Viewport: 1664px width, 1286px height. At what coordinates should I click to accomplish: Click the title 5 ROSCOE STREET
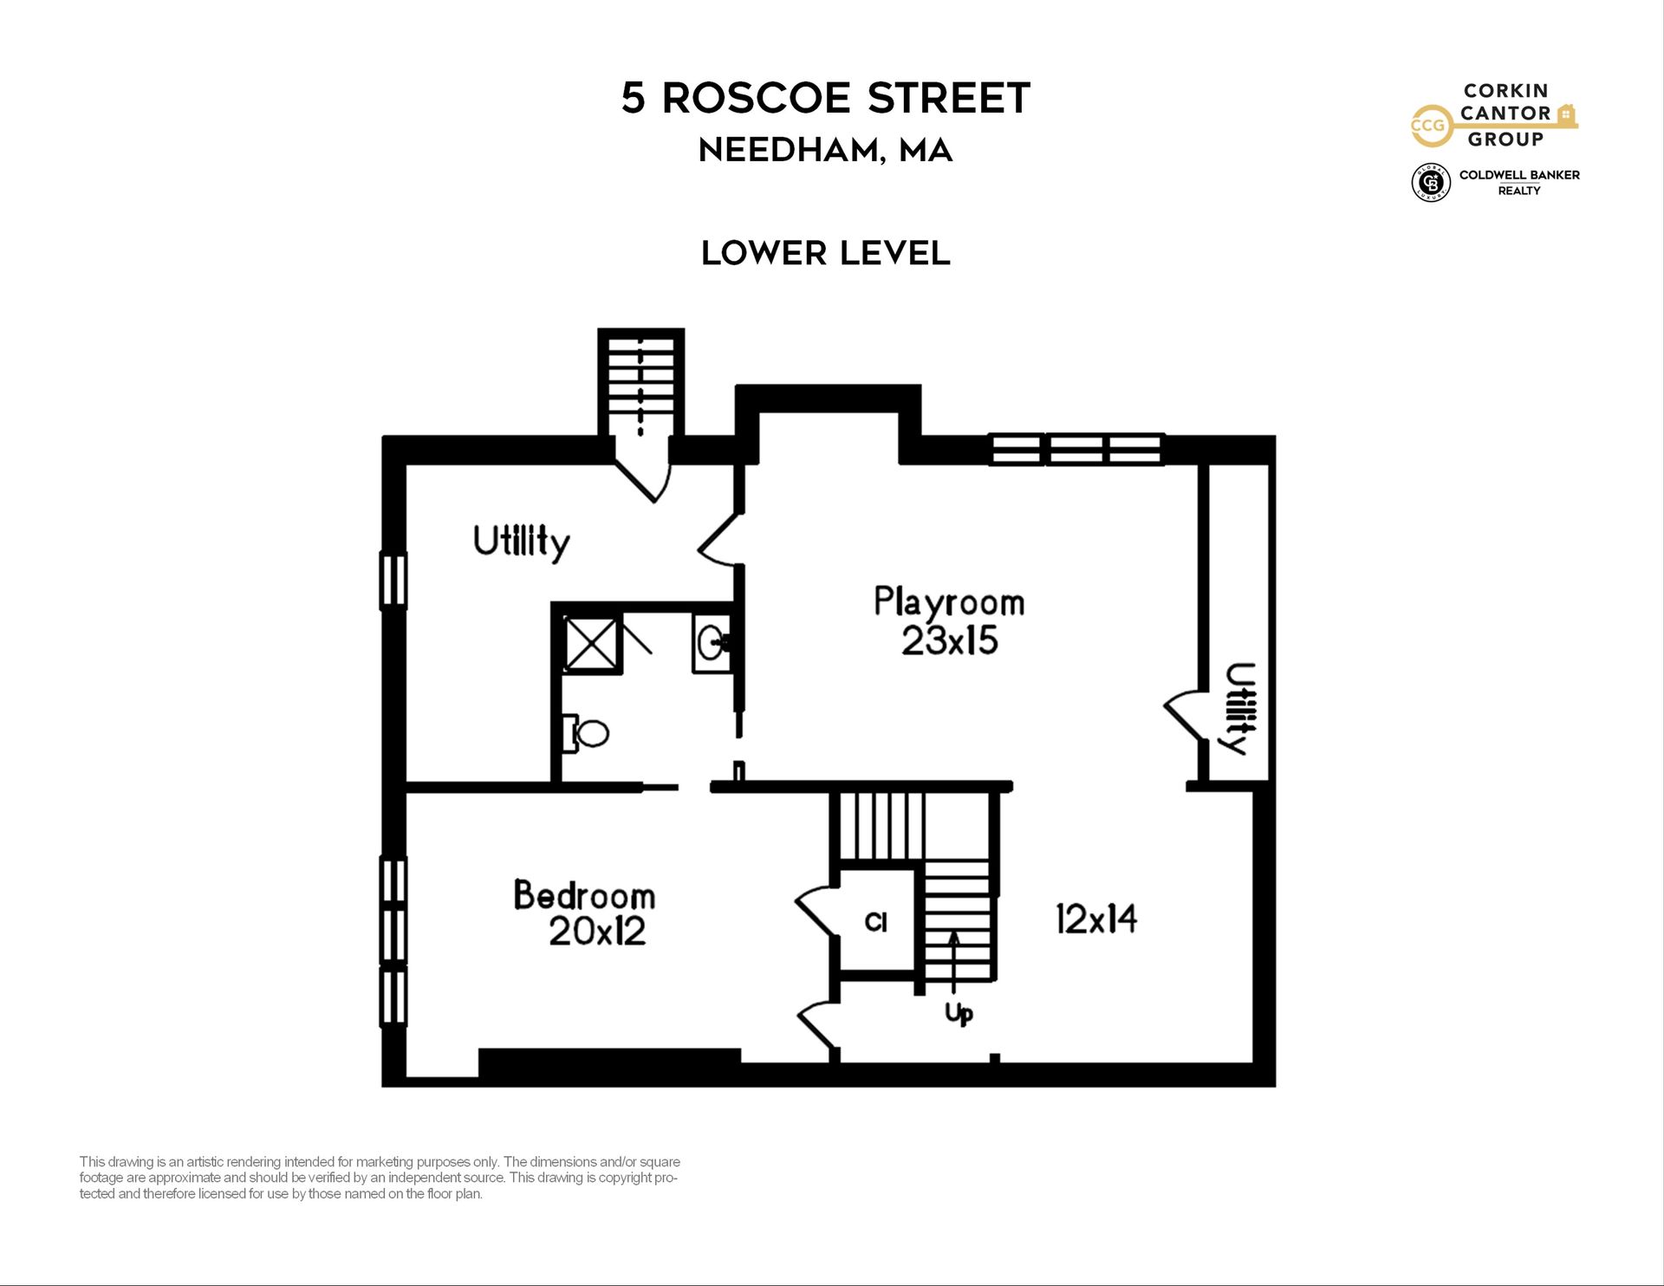825,98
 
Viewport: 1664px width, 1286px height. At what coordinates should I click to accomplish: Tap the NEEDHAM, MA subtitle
825,151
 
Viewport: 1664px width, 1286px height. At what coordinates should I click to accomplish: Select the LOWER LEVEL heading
825,253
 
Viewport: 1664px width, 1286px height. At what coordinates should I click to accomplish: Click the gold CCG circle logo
1428,126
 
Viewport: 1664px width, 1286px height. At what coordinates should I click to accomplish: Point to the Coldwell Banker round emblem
1431,182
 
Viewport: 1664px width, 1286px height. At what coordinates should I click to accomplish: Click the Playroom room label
949,603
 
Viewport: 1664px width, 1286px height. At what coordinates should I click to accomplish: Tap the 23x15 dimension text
950,641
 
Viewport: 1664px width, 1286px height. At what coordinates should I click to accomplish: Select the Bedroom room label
584,895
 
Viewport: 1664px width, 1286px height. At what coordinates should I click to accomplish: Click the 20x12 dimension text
597,932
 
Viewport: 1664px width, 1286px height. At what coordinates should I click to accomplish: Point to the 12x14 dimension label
1096,919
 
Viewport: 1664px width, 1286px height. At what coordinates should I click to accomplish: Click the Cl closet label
876,922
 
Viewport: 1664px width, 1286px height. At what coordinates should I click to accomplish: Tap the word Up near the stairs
959,1013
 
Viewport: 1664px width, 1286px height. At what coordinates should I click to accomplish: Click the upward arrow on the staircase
954,962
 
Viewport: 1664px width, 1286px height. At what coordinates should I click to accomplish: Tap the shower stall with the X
592,643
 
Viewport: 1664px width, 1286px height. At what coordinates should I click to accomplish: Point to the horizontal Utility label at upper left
522,542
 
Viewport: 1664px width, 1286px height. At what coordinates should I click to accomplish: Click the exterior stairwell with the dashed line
641,386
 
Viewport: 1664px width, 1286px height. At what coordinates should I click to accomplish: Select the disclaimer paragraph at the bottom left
380,1178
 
